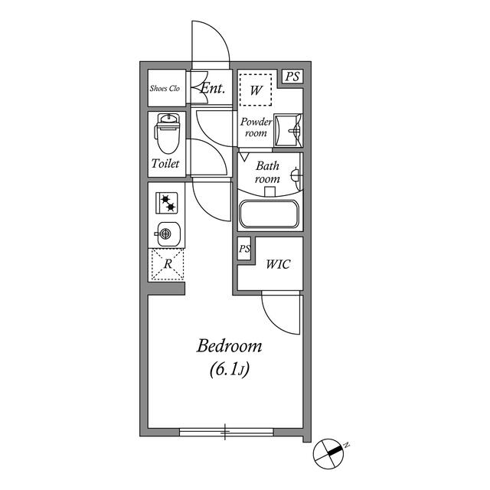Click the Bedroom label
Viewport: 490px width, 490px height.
pos(229,346)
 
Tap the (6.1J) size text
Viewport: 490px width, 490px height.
pos(230,369)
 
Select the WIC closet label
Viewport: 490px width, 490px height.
pos(278,264)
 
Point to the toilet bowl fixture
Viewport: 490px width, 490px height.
pos(168,133)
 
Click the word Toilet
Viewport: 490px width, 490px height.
pos(165,163)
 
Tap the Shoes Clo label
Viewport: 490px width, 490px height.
pos(165,89)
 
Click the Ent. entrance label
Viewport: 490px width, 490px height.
pos(213,88)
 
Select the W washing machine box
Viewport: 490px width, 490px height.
pos(256,90)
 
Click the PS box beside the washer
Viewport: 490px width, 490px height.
pos(292,77)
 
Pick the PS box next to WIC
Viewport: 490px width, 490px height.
pos(244,249)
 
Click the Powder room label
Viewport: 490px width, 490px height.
pos(256,127)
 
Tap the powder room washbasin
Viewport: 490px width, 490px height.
pos(288,130)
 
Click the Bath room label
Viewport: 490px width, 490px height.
pos(267,172)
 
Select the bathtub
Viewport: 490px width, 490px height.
pos(269,214)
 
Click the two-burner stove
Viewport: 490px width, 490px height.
pos(167,203)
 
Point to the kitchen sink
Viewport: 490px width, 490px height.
pos(168,234)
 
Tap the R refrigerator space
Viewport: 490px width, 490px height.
pos(168,264)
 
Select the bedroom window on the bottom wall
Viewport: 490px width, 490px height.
pos(227,432)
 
